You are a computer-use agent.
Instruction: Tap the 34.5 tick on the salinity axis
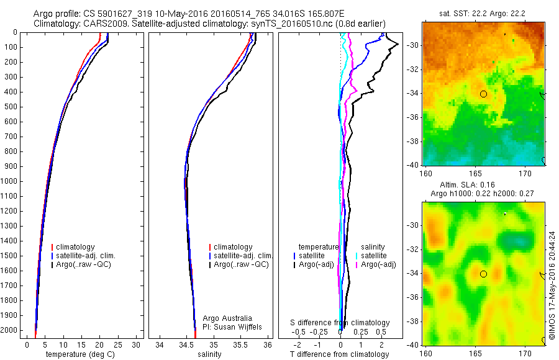[x=187, y=344]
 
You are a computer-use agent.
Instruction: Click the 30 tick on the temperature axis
[x=136, y=344]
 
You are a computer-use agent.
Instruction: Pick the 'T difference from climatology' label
[x=339, y=354]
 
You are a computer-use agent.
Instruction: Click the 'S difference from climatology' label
[x=340, y=323]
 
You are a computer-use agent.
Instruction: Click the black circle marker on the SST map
[x=483, y=94]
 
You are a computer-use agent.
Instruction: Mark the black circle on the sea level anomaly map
[x=483, y=274]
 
